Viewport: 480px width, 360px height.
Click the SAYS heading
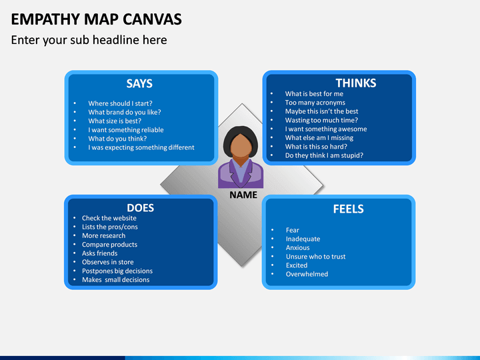pos(139,83)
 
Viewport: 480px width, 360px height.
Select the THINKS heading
pos(355,83)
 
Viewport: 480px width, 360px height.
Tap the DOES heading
pos(140,207)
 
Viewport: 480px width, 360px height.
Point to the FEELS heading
pos(348,209)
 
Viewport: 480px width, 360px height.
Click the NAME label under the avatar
pos(243,195)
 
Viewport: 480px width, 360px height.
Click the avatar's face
pos(241,145)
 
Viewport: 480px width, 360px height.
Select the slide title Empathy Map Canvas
pos(96,19)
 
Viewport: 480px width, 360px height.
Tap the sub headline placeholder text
pos(89,40)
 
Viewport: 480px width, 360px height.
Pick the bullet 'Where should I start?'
pos(120,103)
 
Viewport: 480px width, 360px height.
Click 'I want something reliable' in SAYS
pos(125,130)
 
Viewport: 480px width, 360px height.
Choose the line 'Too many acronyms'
pos(315,103)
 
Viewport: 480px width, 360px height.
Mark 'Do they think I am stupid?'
pos(324,155)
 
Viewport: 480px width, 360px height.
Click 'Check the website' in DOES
pos(109,218)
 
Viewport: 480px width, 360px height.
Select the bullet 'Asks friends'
pos(99,253)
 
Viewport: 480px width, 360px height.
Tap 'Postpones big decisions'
pos(117,271)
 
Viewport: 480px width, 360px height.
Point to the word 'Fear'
pos(293,230)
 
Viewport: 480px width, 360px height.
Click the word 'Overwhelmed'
pos(307,274)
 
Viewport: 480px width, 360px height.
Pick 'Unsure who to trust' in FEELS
pos(315,257)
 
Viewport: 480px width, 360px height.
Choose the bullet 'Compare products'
pos(109,245)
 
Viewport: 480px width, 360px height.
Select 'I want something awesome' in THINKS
pos(325,129)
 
